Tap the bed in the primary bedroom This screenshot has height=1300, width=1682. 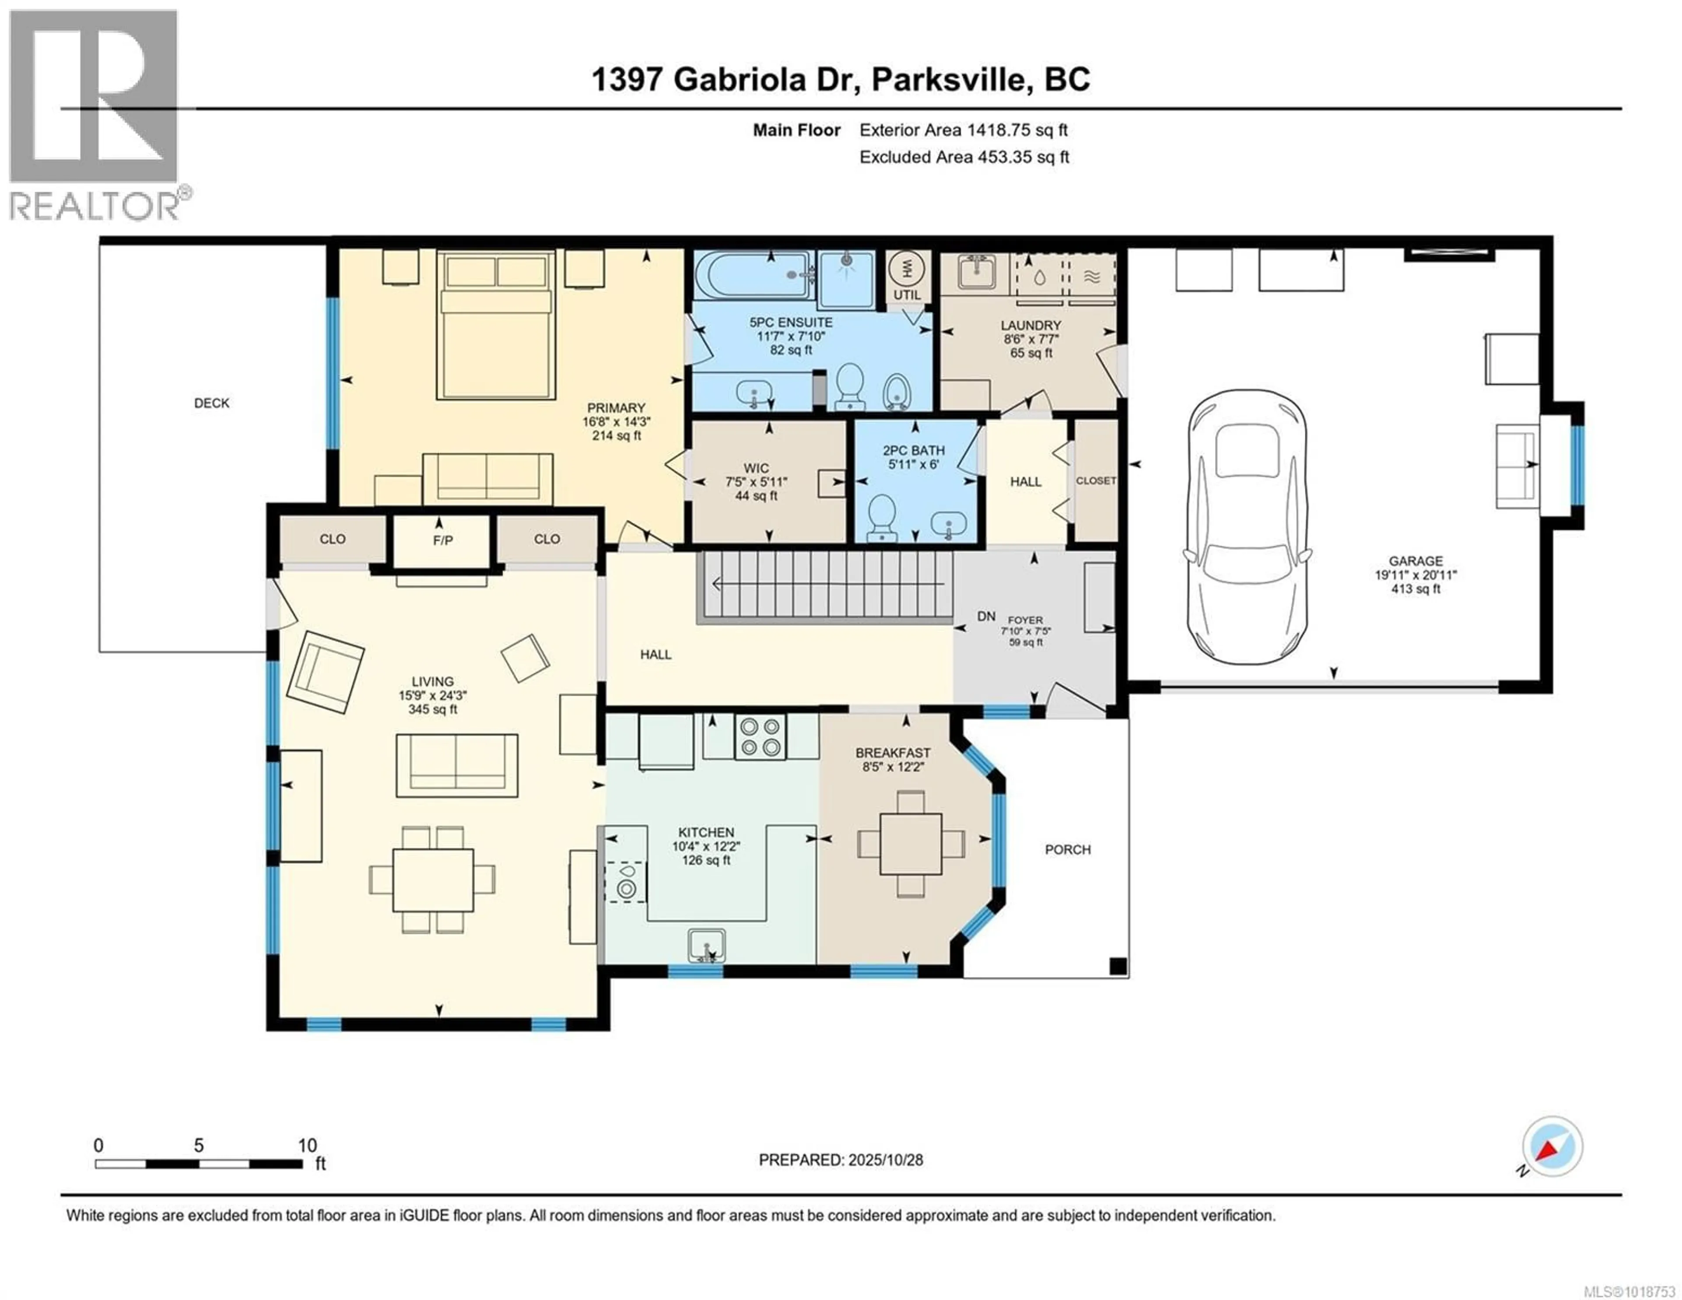(x=496, y=324)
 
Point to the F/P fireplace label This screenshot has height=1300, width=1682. (x=442, y=540)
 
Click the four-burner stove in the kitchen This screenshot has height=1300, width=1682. (x=760, y=737)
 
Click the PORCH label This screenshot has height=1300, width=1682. (x=1067, y=849)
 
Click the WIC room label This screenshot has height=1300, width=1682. (x=756, y=468)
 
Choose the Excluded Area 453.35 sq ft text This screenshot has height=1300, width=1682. (x=964, y=157)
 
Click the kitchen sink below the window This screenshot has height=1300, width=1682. (x=706, y=946)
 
